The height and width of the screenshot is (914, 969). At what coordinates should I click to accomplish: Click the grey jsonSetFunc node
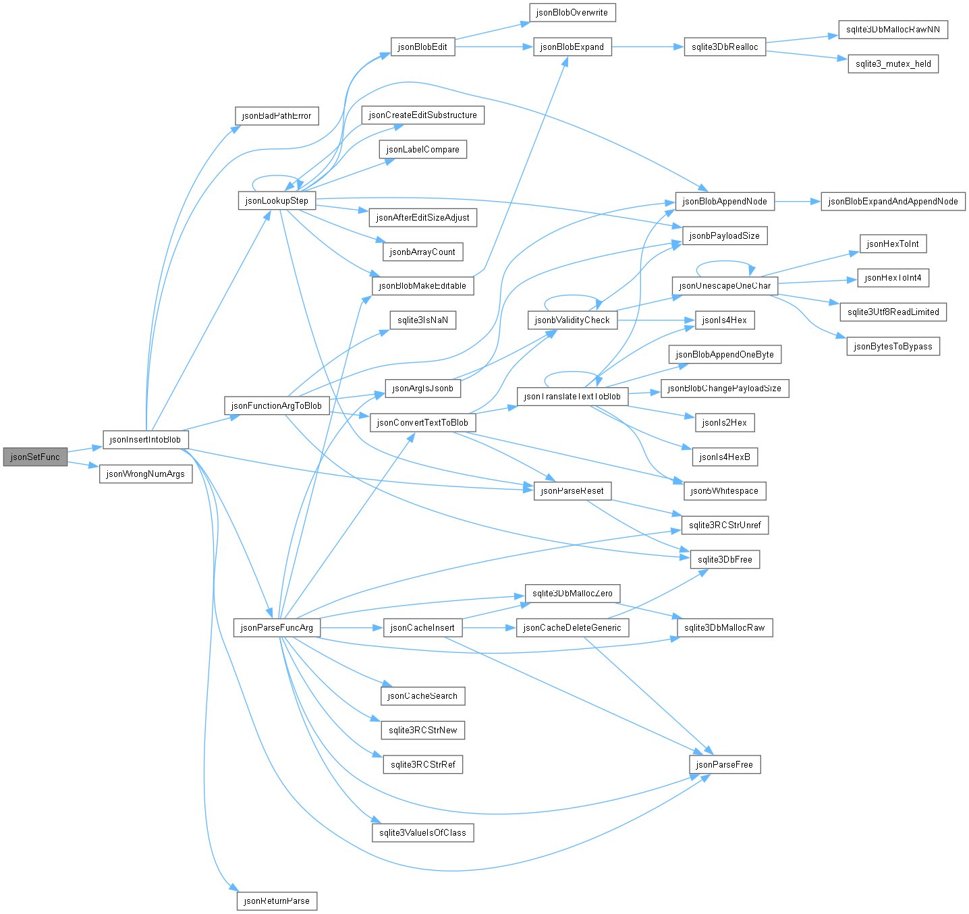click(x=35, y=457)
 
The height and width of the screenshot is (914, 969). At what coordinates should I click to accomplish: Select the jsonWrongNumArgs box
click(x=145, y=474)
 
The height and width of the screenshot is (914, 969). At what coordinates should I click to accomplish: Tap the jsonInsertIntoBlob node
click(x=145, y=439)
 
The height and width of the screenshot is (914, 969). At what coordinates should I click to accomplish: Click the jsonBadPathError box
click(x=277, y=115)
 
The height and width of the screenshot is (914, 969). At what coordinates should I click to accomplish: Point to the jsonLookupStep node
click(x=277, y=200)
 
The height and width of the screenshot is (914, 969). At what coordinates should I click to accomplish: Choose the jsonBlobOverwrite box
click(x=572, y=12)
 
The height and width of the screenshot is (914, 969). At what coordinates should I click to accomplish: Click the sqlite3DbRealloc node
click(x=725, y=47)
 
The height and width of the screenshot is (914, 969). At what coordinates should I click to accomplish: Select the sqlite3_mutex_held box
click(x=893, y=64)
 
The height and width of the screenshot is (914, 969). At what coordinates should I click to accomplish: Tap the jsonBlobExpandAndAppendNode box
click(x=893, y=202)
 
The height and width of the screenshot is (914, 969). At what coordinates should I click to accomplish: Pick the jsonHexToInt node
click(x=893, y=244)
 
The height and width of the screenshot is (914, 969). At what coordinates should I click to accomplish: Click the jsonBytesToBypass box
click(x=893, y=346)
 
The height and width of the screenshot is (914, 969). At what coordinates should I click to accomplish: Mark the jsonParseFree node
click(x=725, y=764)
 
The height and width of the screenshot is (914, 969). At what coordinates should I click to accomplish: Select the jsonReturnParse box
click(x=277, y=901)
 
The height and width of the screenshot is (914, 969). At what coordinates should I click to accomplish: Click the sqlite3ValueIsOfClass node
click(x=422, y=832)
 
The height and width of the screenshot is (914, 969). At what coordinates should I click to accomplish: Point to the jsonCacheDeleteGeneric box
click(x=572, y=627)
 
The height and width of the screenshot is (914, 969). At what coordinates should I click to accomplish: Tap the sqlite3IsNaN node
click(x=422, y=320)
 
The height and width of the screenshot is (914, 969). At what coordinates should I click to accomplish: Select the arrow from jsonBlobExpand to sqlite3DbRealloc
click(x=648, y=47)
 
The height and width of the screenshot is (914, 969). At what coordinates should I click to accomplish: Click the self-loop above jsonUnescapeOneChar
click(x=725, y=262)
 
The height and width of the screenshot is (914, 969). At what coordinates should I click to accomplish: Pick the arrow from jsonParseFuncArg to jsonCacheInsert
click(x=352, y=627)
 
